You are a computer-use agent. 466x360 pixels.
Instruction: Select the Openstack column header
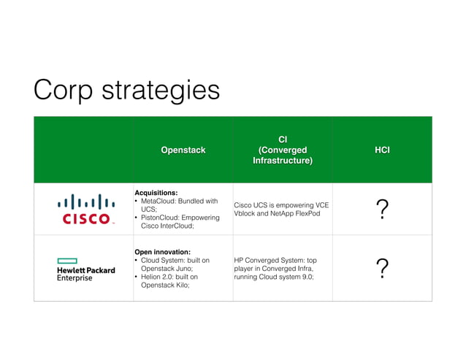(183, 150)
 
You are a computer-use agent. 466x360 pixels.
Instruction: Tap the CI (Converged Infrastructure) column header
(283, 150)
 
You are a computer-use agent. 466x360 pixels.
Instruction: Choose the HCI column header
(382, 150)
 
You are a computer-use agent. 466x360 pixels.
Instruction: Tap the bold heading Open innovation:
(162, 251)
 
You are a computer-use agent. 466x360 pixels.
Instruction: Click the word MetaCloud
(162, 201)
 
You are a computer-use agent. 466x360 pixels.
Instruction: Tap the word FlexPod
(305, 214)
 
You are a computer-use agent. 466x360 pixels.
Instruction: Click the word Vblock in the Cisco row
(245, 214)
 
